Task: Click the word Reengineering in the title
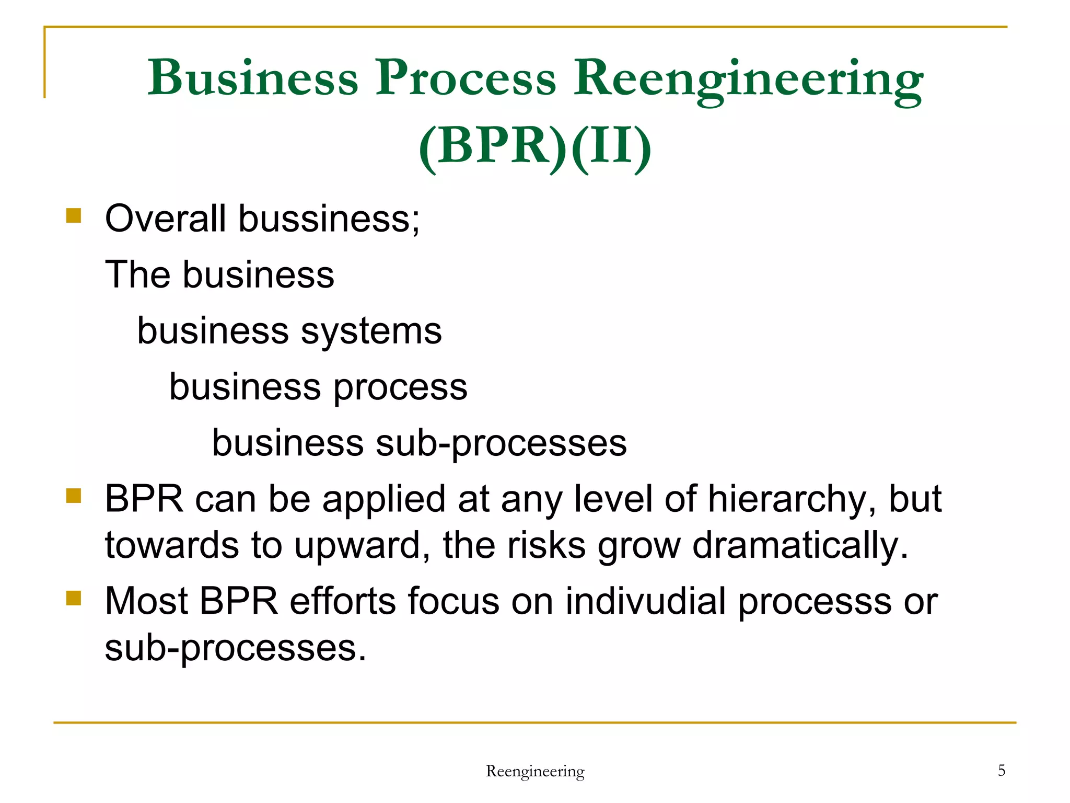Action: [x=748, y=79]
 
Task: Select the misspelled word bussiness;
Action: [x=329, y=219]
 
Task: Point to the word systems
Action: [x=371, y=331]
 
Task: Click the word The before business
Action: [x=137, y=274]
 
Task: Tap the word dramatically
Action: [x=800, y=545]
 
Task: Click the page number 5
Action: [x=1002, y=770]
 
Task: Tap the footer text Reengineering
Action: [x=535, y=771]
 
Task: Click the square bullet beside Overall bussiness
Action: [x=74, y=216]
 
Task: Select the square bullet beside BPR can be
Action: [x=74, y=496]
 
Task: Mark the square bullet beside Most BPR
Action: [x=74, y=598]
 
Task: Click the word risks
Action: [x=546, y=545]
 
